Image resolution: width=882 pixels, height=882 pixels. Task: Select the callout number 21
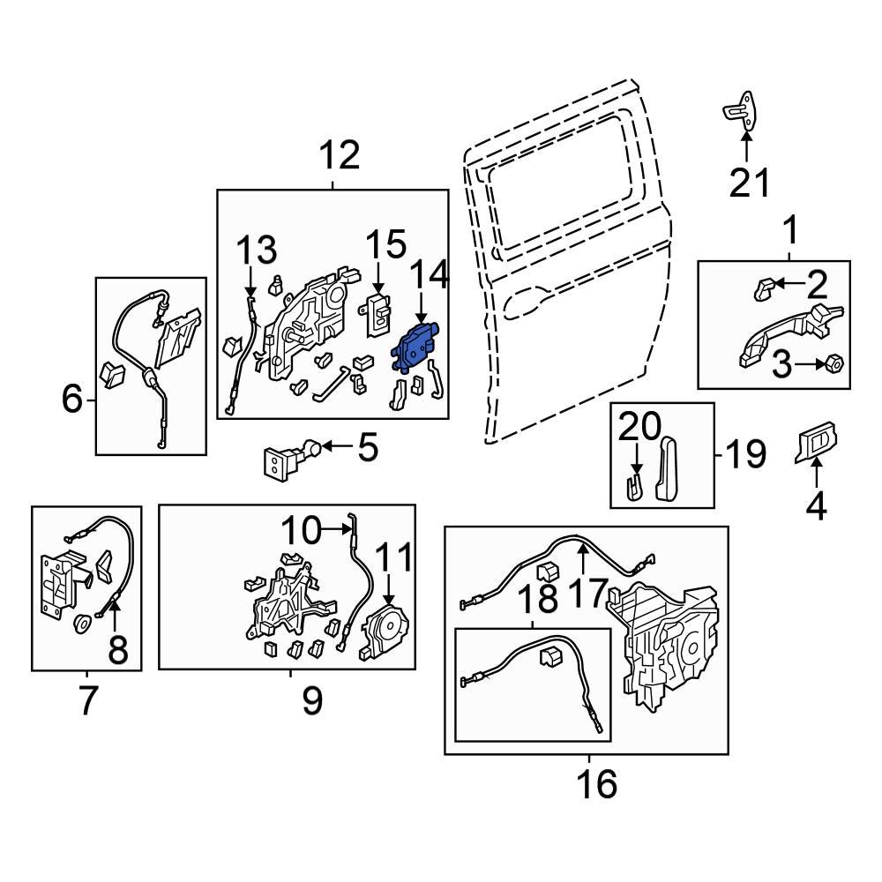point(749,183)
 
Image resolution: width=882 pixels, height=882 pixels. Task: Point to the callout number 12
point(339,156)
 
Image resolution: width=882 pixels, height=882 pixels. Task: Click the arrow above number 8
point(115,609)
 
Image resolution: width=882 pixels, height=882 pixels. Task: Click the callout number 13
point(255,251)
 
